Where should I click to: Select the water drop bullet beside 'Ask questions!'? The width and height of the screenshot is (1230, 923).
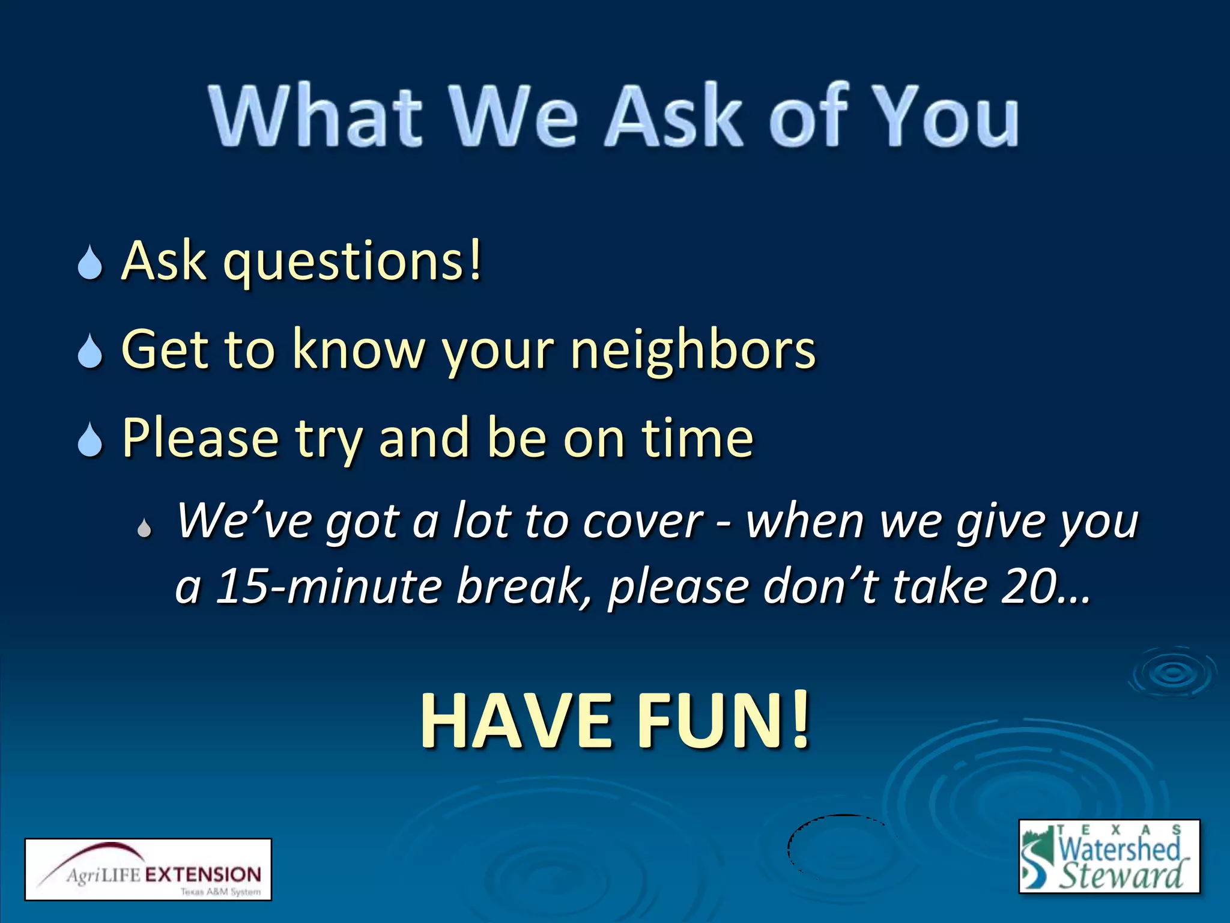pyautogui.click(x=90, y=263)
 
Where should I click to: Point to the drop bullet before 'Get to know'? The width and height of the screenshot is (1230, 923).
pyautogui.click(x=90, y=351)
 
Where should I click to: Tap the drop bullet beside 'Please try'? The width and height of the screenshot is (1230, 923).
pyautogui.click(x=90, y=440)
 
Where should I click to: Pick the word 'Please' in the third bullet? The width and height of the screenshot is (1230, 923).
pyautogui.click(x=201, y=439)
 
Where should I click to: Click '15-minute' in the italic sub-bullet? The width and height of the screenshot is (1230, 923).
pyautogui.click(x=329, y=586)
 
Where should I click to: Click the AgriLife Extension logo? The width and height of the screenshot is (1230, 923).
pyautogui.click(x=148, y=869)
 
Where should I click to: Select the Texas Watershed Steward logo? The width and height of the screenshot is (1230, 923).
pyautogui.click(x=1109, y=856)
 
